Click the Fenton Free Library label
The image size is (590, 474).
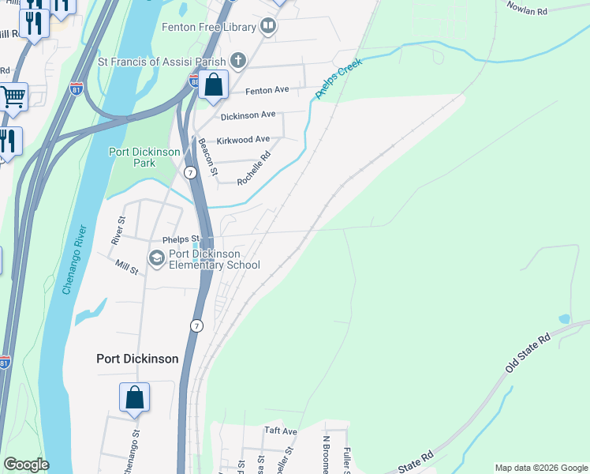pyautogui.click(x=208, y=27)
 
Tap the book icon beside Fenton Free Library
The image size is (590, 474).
pyautogui.click(x=269, y=27)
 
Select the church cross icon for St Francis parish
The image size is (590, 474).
pyautogui.click(x=237, y=61)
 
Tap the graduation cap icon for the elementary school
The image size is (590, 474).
pyautogui.click(x=156, y=258)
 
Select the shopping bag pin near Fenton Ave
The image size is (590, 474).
pyautogui.click(x=213, y=85)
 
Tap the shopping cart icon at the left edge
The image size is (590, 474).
pyautogui.click(x=13, y=97)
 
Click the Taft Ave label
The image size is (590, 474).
pyautogui.click(x=280, y=431)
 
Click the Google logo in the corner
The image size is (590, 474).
pyautogui.click(x=25, y=465)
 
